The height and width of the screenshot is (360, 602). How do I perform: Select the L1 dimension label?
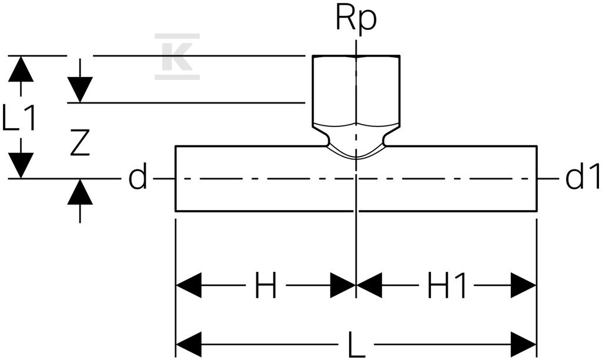19,117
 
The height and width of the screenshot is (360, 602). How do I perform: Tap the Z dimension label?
80,142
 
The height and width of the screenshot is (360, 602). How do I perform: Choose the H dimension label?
266,285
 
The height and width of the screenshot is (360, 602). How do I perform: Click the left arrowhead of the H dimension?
189,285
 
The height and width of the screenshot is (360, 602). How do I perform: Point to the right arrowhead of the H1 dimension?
523,285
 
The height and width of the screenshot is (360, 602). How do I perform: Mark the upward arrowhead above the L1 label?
21,69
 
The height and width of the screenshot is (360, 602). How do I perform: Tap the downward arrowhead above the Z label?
80,89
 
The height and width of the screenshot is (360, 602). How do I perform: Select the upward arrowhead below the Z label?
80,191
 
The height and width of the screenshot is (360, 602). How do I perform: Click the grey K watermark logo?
177,56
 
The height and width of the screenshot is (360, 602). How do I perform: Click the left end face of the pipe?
175,178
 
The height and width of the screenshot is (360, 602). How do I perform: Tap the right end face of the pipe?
536,178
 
